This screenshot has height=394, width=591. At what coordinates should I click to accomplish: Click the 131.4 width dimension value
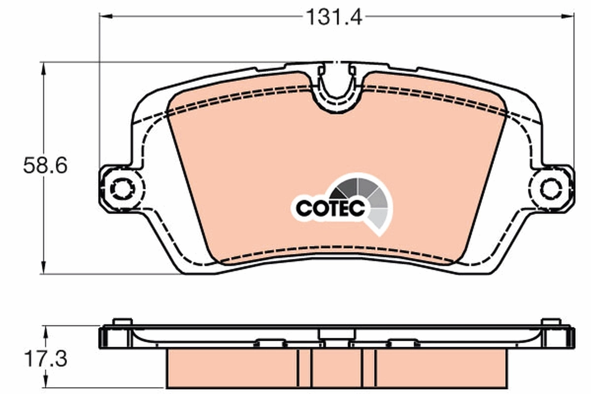tap(334, 17)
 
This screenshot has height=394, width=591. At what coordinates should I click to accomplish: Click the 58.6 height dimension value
tap(45, 166)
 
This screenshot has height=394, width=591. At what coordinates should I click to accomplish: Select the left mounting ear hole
tap(120, 188)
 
